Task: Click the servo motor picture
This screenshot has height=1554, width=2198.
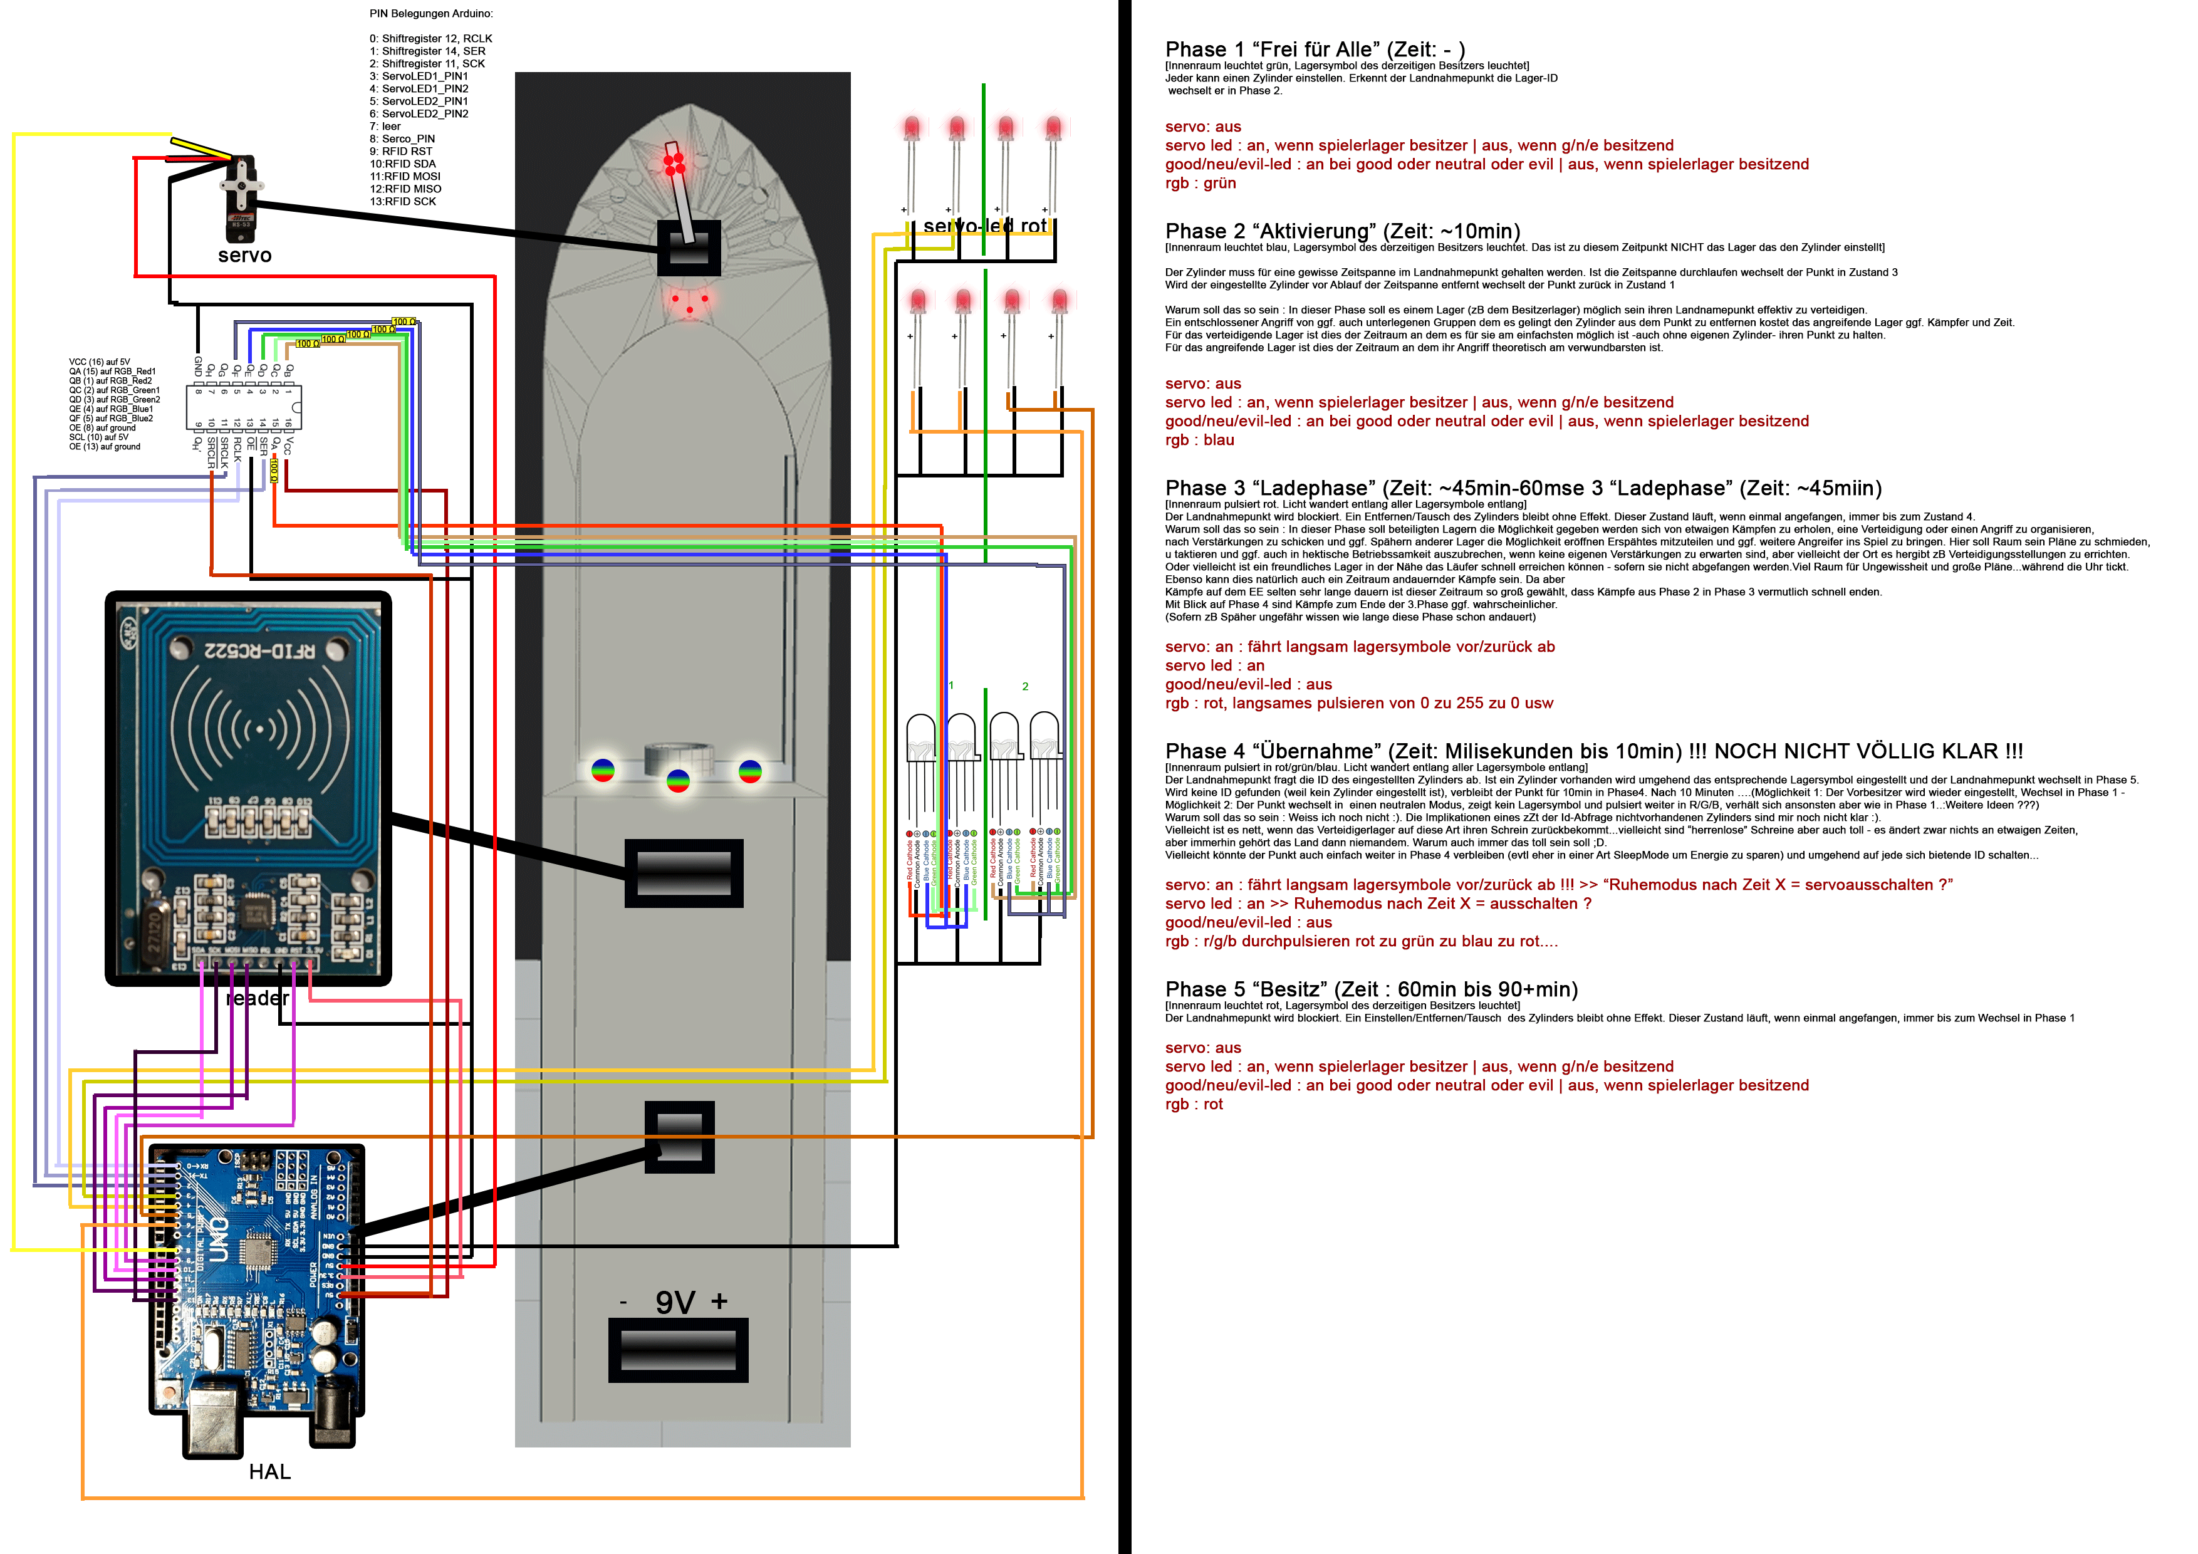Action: tap(240, 197)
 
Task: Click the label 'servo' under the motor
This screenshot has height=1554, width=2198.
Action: tap(244, 256)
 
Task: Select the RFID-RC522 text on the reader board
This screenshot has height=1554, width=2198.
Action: tap(259, 651)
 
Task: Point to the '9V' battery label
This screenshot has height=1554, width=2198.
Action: tap(674, 1302)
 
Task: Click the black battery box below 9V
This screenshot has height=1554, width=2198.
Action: tap(678, 1350)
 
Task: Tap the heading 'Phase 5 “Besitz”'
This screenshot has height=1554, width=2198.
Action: tap(1371, 989)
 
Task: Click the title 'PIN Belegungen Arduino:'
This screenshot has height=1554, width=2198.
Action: tap(431, 13)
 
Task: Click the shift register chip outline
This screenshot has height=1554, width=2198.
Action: tap(244, 407)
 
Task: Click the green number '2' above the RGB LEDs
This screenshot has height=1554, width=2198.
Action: tap(1024, 687)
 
